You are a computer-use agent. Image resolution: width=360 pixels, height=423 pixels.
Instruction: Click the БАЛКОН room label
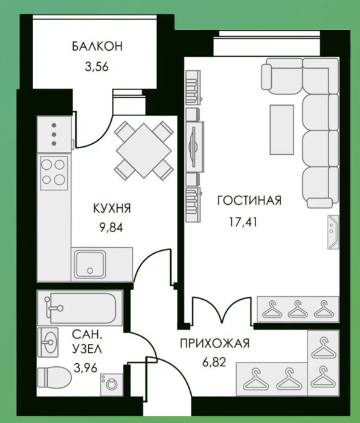tap(97, 46)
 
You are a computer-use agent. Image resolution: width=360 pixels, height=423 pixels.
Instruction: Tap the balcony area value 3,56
tap(97, 66)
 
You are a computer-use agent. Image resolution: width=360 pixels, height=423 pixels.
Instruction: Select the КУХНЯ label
tap(112, 208)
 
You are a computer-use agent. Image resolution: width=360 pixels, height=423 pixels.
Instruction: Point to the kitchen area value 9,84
tap(111, 228)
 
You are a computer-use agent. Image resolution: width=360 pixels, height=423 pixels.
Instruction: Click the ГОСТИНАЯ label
tap(249, 201)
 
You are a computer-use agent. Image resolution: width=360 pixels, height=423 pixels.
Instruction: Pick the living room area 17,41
tap(243, 222)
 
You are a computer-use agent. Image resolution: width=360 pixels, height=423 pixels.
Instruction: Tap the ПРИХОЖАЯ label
tap(214, 344)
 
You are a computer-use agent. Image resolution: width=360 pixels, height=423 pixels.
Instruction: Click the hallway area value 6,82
tap(214, 362)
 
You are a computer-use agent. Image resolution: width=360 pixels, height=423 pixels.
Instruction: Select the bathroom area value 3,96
tap(85, 367)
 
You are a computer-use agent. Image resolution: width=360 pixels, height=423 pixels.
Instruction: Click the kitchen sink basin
tap(90, 265)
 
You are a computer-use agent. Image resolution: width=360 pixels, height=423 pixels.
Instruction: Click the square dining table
tap(144, 150)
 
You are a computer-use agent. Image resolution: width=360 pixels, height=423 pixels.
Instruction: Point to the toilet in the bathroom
tap(54, 377)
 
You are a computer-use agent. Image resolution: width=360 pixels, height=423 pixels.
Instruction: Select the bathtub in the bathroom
tap(80, 308)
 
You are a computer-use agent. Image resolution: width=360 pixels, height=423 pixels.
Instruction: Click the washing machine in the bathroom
tap(111, 384)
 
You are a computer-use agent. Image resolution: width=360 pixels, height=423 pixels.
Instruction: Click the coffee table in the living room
tap(282, 130)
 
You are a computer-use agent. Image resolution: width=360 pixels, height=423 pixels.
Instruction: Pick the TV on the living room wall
tap(193, 147)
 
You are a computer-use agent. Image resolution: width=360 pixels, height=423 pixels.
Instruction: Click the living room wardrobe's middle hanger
tap(297, 309)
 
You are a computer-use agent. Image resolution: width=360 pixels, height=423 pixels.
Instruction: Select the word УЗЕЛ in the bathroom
tap(87, 349)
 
